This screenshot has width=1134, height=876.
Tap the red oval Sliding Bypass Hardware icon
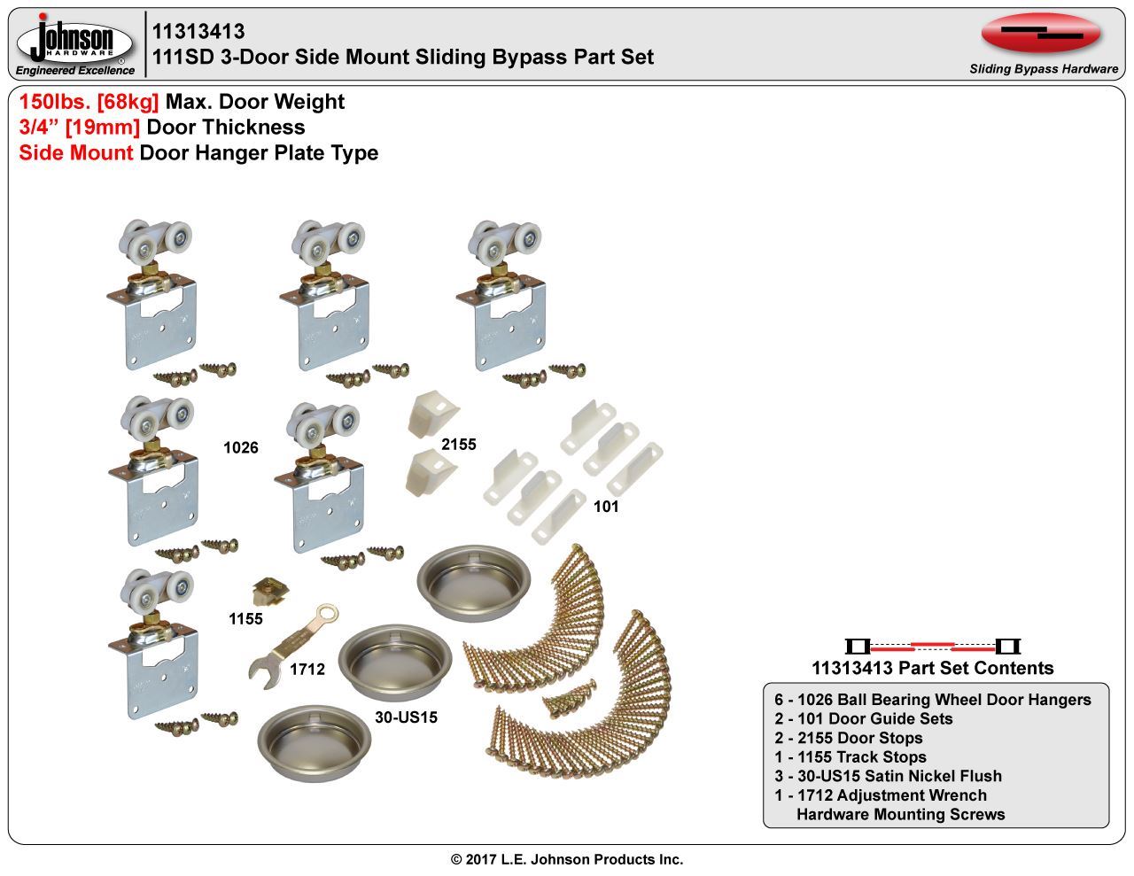(1041, 34)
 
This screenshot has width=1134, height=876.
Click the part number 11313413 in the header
(198, 32)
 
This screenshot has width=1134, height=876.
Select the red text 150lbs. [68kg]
(89, 102)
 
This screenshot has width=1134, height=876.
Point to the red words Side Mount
(76, 153)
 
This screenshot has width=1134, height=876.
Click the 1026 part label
(241, 447)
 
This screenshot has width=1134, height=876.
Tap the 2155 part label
(459, 445)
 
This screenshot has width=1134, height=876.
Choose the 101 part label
(606, 506)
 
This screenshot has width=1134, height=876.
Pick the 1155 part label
(245, 619)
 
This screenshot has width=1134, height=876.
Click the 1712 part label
(307, 669)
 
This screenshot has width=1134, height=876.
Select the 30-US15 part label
(406, 717)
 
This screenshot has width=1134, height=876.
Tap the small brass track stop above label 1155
(270, 592)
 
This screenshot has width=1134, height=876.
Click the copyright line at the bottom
(567, 859)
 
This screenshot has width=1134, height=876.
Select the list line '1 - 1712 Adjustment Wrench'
(881, 795)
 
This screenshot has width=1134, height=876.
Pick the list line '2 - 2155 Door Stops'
(849, 738)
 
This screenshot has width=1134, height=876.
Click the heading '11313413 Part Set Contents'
(933, 668)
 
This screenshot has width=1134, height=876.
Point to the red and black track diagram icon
(933, 647)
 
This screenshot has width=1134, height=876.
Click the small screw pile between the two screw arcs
(570, 698)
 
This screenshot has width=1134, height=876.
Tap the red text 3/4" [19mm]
(80, 128)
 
